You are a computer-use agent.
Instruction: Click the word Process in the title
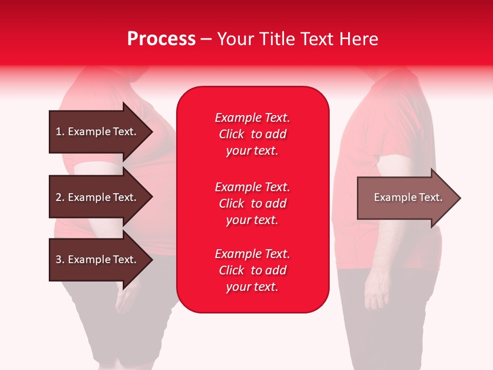[161, 39]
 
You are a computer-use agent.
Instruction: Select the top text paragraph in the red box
[253, 134]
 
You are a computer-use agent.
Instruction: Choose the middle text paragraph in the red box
[253, 203]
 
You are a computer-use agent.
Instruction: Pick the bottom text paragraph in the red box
[253, 270]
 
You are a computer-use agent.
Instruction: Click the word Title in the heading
[278, 39]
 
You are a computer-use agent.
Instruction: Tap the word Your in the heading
[237, 39]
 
